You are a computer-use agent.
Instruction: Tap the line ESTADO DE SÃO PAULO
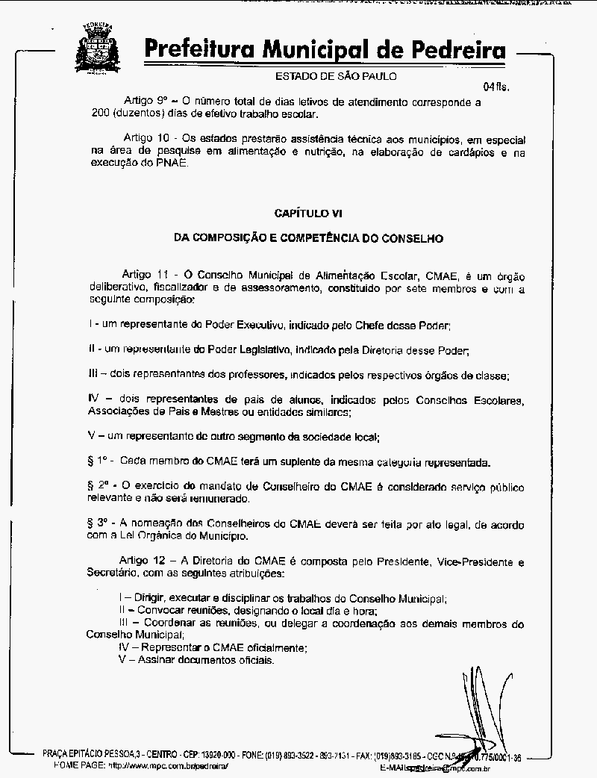[336, 75]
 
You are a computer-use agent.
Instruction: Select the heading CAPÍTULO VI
[308, 213]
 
